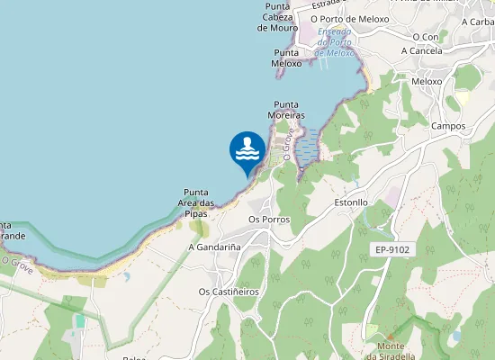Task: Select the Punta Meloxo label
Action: pos(287,58)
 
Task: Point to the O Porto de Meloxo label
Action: pos(349,19)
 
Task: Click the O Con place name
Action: pos(425,37)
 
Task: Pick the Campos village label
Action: pos(447,126)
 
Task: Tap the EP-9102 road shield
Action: pos(392,248)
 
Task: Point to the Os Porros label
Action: pos(268,220)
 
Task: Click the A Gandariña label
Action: pos(213,247)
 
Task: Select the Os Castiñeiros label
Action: pos(229,292)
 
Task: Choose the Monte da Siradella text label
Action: pos(391,351)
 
